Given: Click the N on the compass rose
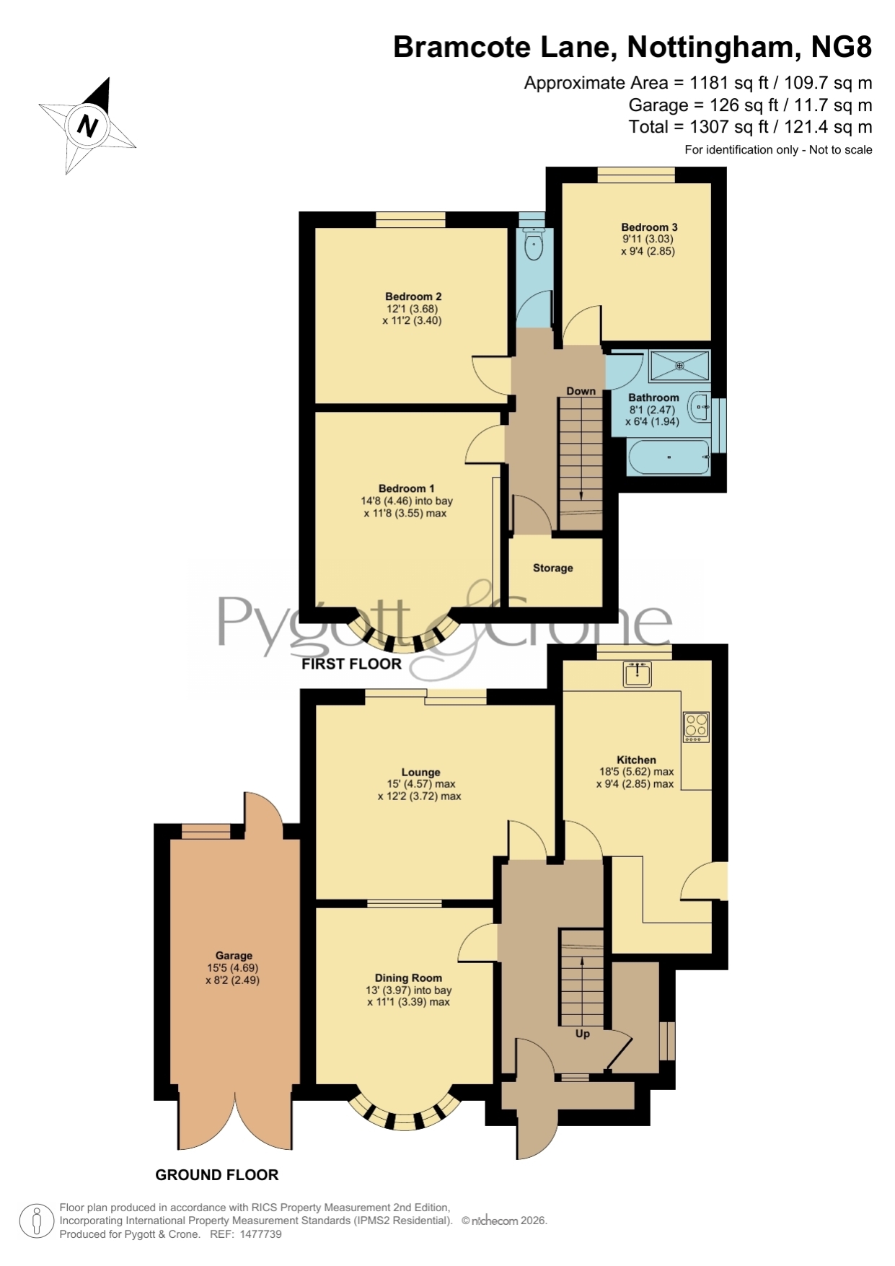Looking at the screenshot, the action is (87, 126).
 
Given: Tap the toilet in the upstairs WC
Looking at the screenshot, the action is (534, 244).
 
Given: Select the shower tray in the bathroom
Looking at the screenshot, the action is (679, 366).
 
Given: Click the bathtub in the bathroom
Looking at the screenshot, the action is (670, 457).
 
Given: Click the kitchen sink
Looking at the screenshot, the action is (638, 674).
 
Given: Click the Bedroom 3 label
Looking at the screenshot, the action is (649, 227).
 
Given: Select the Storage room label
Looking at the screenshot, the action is (553, 568).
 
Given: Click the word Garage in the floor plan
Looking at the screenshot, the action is (234, 955).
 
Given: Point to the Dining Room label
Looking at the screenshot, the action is (408, 978).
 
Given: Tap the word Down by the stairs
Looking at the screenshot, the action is (581, 391).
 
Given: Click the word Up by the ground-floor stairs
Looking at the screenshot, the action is (583, 1034).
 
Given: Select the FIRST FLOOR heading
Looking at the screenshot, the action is (351, 664).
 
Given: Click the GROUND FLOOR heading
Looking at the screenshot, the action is (217, 1175).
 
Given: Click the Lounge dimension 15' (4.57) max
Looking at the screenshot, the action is (421, 784).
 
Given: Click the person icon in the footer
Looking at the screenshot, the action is (36, 1222).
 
